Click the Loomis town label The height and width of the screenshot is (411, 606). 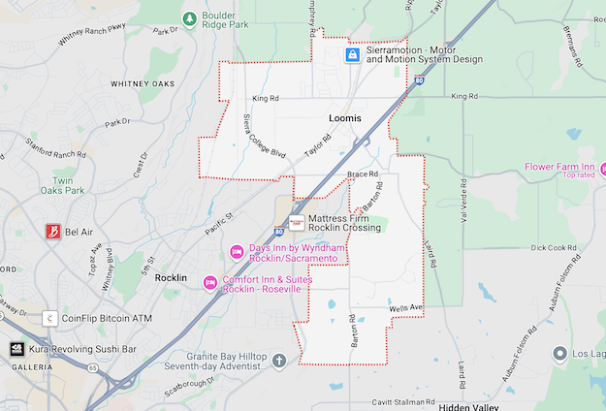(x=344, y=118)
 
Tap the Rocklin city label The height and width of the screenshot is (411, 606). (x=177, y=278)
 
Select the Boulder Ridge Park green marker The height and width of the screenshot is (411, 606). (x=190, y=18)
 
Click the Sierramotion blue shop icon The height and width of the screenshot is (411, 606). (x=353, y=55)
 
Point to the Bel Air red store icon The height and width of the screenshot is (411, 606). (x=53, y=232)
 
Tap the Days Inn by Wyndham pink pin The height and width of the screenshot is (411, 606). (x=236, y=253)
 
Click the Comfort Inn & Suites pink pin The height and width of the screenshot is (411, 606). (x=209, y=283)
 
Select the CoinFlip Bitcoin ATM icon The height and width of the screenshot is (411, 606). (x=48, y=318)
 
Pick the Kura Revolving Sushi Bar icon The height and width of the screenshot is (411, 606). (x=16, y=349)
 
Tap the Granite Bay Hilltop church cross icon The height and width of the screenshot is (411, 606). (x=279, y=362)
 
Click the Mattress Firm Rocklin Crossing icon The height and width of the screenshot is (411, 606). (x=297, y=222)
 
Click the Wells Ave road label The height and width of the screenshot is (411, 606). (x=407, y=308)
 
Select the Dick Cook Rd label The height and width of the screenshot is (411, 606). (x=555, y=247)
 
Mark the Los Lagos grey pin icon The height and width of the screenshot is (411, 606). (x=558, y=354)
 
